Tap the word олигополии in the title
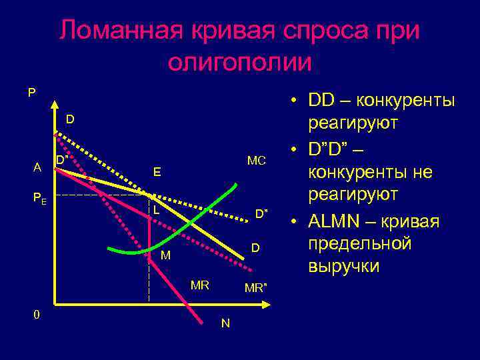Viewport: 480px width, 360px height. pyautogui.click(x=240, y=62)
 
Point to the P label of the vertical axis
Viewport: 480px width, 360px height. pyautogui.click(x=31, y=93)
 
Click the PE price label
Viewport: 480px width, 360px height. pyautogui.click(x=40, y=197)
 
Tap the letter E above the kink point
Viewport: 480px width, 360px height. pyautogui.click(x=157, y=172)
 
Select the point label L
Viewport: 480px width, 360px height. pyautogui.click(x=156, y=209)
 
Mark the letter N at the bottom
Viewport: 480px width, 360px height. pyautogui.click(x=225, y=323)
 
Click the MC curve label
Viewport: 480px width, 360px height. pyautogui.click(x=256, y=161)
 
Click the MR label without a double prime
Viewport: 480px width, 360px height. pyautogui.click(x=200, y=285)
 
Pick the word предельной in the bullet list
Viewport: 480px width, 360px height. pyautogui.click(x=359, y=244)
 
